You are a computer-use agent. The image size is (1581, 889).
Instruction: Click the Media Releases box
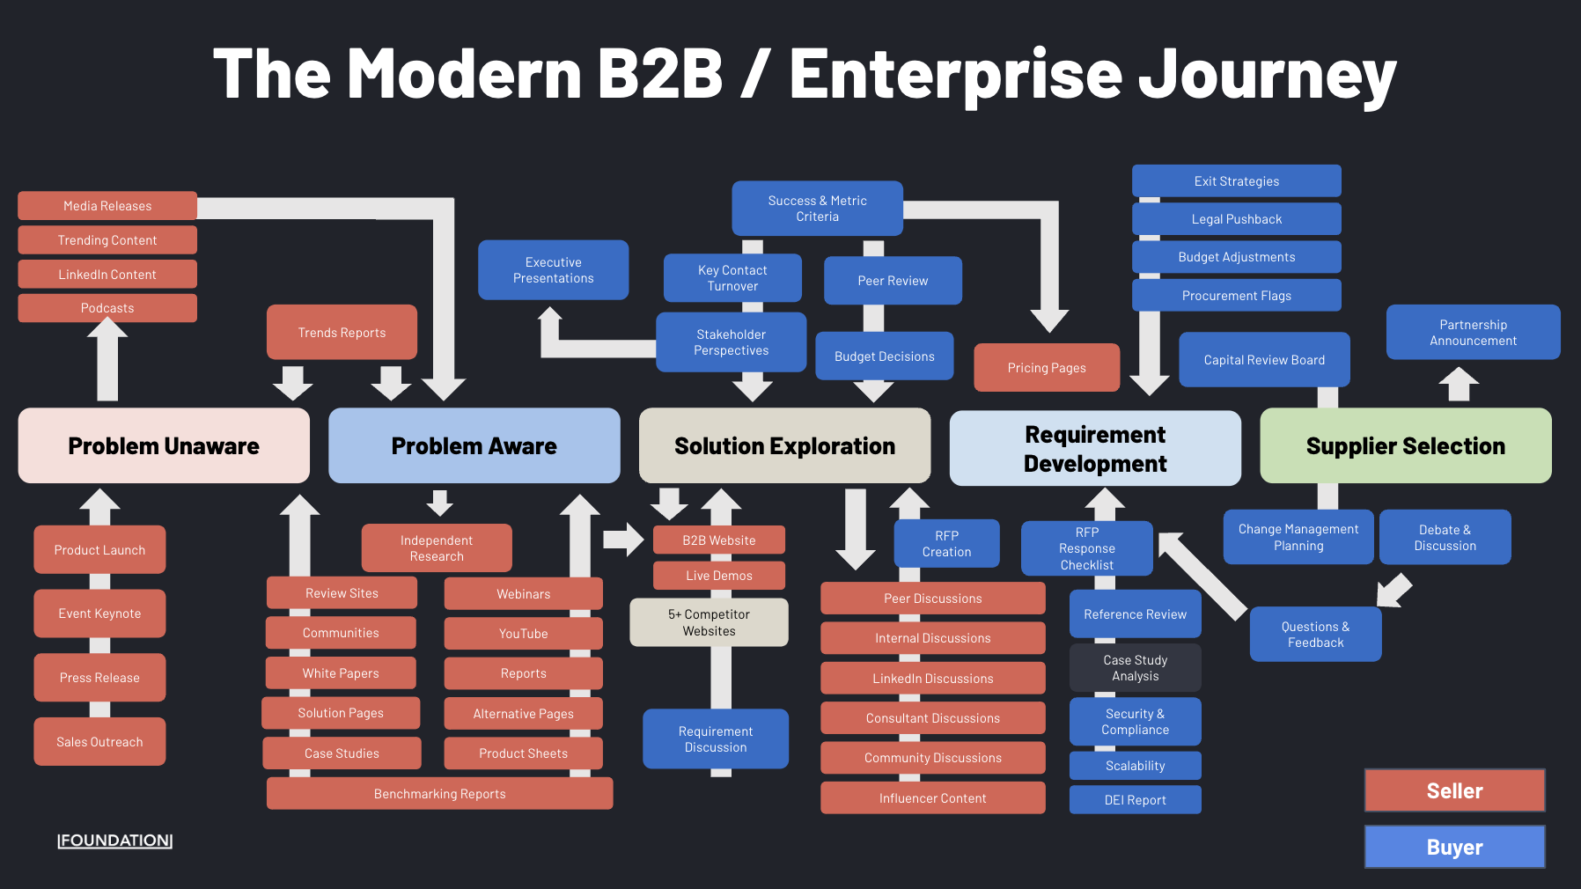(107, 206)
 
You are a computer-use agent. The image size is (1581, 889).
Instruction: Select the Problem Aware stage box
(474, 445)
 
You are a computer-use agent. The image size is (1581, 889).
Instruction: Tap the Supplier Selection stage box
(1405, 445)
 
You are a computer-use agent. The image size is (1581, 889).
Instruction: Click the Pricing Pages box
(1046, 368)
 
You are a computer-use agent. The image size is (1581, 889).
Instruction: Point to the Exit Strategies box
(1236, 181)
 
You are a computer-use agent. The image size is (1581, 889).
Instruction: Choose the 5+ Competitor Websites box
(709, 622)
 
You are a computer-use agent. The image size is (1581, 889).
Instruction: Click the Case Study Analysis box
(1135, 668)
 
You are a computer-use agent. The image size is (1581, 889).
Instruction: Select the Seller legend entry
(1454, 790)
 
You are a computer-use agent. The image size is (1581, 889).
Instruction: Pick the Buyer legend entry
(1454, 847)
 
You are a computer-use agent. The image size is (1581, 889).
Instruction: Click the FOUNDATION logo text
(114, 841)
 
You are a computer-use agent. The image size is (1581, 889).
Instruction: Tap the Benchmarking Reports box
(439, 794)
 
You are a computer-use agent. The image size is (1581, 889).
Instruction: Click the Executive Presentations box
(553, 270)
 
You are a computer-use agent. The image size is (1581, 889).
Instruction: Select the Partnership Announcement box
(1473, 333)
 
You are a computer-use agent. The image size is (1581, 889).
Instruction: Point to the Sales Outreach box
(99, 742)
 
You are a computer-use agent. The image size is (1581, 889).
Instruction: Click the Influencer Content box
(932, 798)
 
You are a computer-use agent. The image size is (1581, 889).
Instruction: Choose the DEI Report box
(1135, 800)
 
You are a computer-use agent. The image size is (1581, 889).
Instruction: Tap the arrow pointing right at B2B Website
(624, 539)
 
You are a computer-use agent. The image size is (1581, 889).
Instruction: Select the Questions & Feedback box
(1315, 635)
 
